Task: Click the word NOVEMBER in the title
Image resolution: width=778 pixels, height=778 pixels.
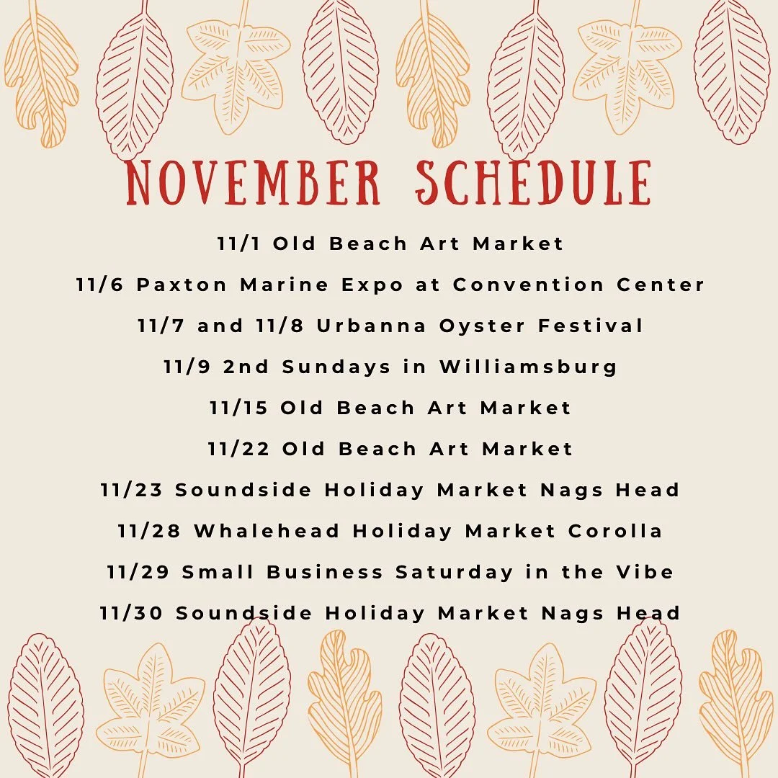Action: click(x=253, y=183)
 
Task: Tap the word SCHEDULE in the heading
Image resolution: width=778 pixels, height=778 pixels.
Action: click(x=533, y=183)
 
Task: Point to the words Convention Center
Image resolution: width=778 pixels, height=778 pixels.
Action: click(x=579, y=285)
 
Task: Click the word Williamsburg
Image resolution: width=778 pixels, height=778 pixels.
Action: click(x=529, y=367)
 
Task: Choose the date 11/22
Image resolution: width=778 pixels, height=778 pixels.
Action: click(x=238, y=449)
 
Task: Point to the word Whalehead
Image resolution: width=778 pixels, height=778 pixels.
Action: click(x=267, y=531)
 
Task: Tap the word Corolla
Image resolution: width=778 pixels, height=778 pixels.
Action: click(x=615, y=531)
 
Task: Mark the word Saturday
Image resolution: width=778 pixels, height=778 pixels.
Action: click(x=455, y=572)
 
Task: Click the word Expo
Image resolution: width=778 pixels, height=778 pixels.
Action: click(x=374, y=285)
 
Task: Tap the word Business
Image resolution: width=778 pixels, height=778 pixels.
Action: click(x=325, y=572)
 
